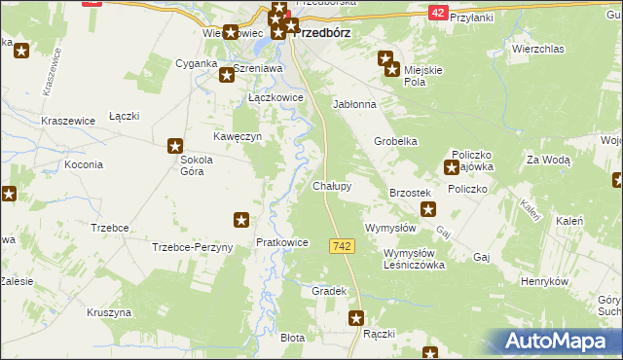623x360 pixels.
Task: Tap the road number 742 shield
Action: [342, 248]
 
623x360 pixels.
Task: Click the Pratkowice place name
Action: [281, 242]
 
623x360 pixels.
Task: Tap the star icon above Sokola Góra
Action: [175, 146]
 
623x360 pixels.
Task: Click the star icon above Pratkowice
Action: [241, 221]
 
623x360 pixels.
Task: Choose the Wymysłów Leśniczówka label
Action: [400, 258]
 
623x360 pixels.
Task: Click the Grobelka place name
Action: [396, 141]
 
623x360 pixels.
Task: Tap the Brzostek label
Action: [410, 194]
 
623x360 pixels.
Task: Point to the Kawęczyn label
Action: [238, 137]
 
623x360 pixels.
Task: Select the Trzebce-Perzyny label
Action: [193, 247]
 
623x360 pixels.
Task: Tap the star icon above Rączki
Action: [356, 317]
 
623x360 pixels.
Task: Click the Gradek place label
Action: [329, 291]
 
